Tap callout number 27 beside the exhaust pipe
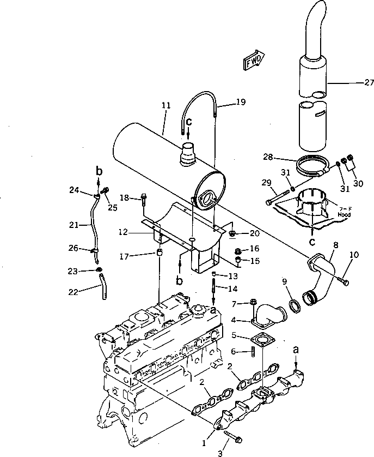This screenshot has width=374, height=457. pos(369,83)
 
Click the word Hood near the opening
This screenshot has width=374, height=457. pos(345,215)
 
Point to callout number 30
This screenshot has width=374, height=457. pos(357,184)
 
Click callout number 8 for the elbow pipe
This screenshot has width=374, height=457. pos(336,246)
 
